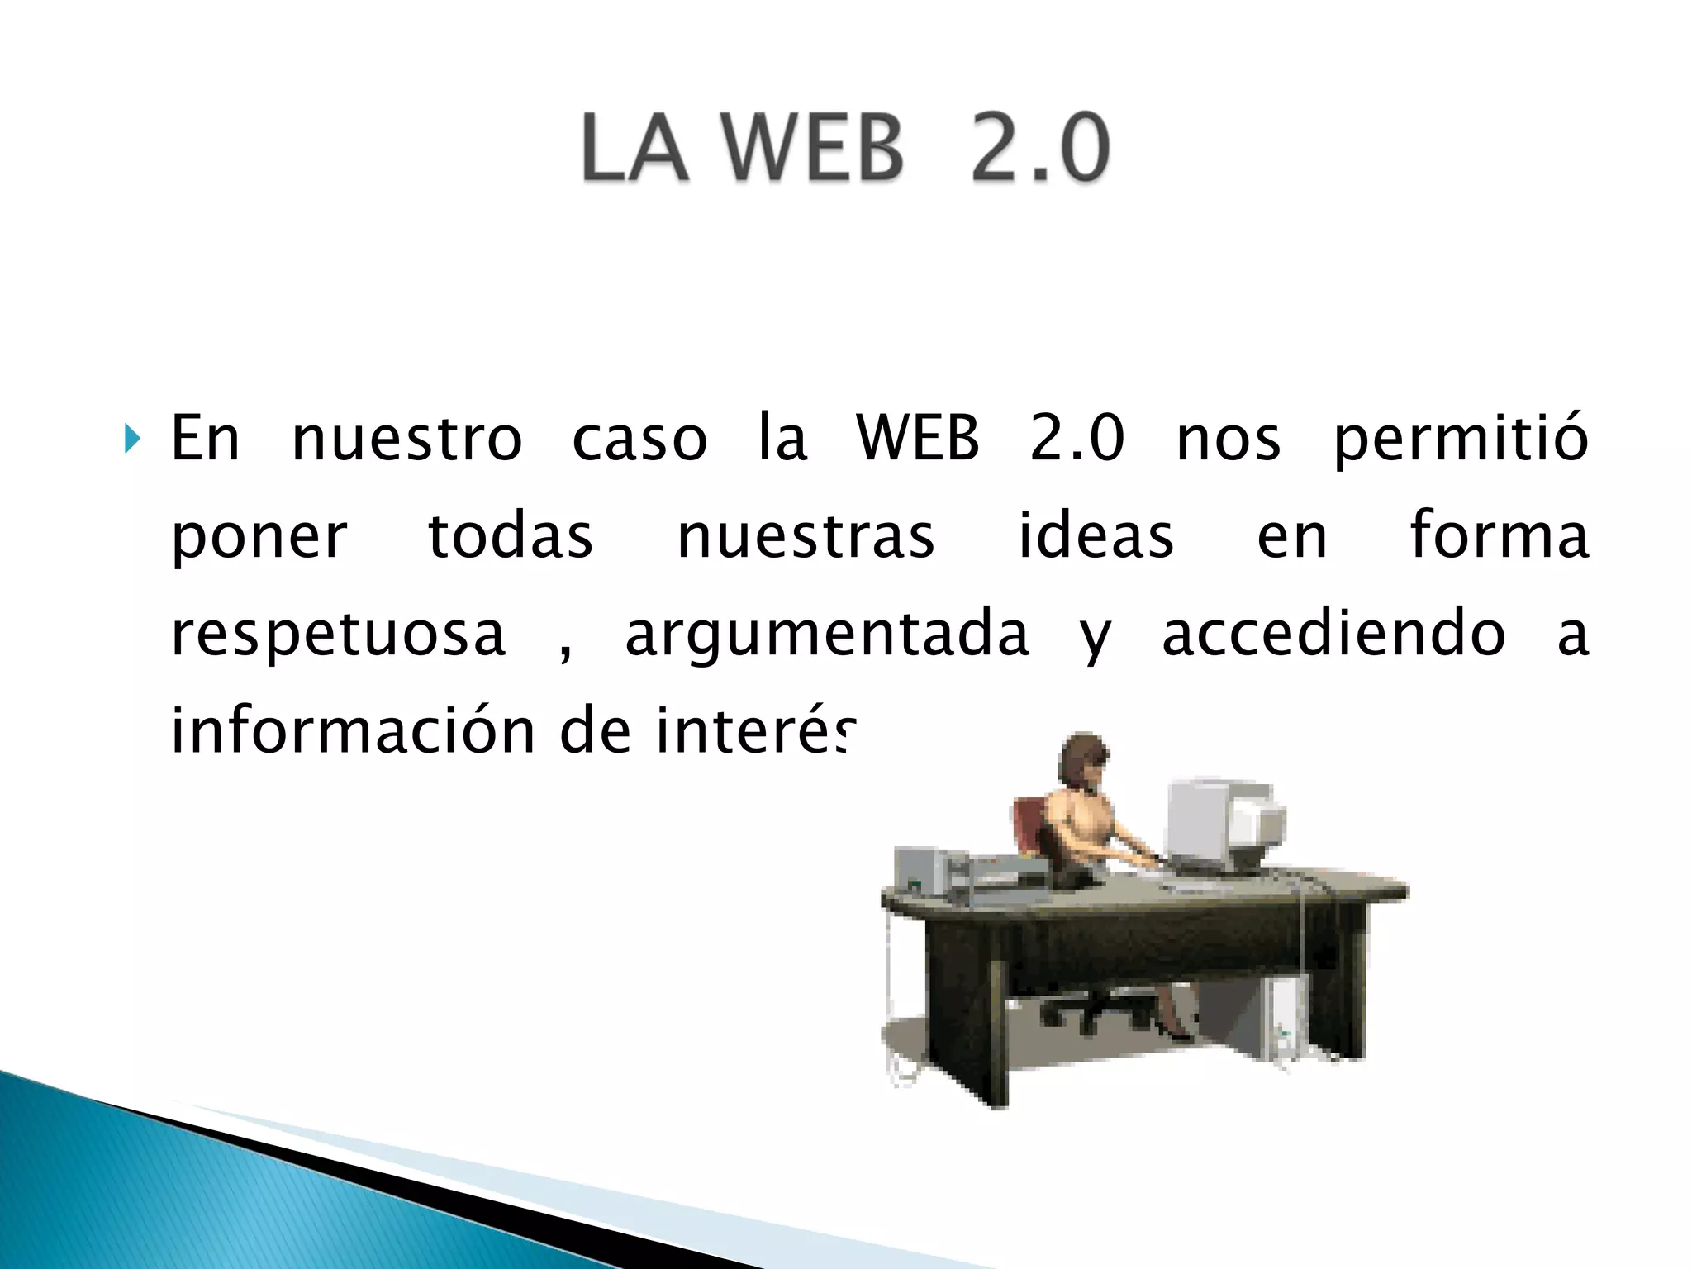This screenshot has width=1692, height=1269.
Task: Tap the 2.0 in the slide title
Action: (1039, 149)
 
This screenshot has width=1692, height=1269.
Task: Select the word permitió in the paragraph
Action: (1461, 440)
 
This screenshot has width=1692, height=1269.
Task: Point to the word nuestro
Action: (406, 440)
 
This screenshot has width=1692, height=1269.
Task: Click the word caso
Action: (639, 440)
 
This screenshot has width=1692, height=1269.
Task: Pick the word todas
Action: (511, 537)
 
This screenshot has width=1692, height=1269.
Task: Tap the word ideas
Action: (1096, 537)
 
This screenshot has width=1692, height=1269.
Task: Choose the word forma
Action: (1499, 535)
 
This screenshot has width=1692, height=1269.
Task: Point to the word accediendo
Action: (1333, 634)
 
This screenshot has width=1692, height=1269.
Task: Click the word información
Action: (353, 732)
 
